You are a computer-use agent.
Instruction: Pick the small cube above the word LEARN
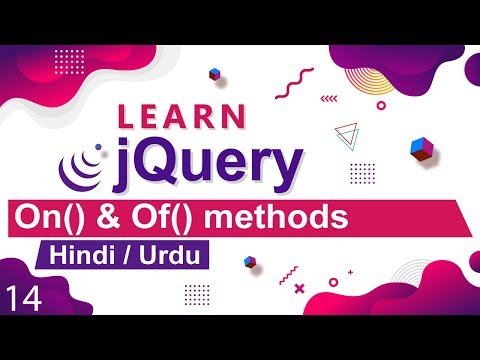pos(214,74)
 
